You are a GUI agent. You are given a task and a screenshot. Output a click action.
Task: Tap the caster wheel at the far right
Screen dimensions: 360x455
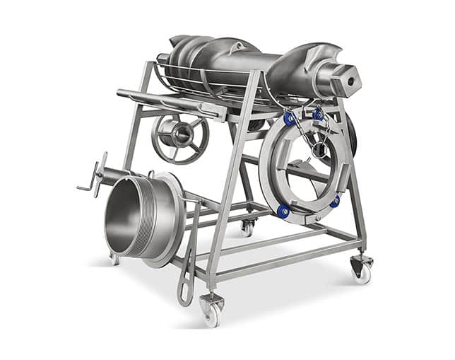(361, 269)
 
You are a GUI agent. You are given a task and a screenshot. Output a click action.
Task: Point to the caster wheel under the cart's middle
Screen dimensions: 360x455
(246, 228)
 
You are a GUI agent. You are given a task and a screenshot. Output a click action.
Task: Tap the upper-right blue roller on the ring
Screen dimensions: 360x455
(318, 114)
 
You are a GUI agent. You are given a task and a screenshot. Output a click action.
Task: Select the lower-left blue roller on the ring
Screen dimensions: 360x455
(283, 210)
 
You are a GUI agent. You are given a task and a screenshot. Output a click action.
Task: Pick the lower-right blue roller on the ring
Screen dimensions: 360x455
(334, 201)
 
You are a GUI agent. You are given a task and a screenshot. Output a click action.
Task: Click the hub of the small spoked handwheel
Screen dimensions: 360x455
(178, 134)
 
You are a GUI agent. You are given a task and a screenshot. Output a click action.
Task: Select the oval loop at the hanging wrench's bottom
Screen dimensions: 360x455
(185, 291)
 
